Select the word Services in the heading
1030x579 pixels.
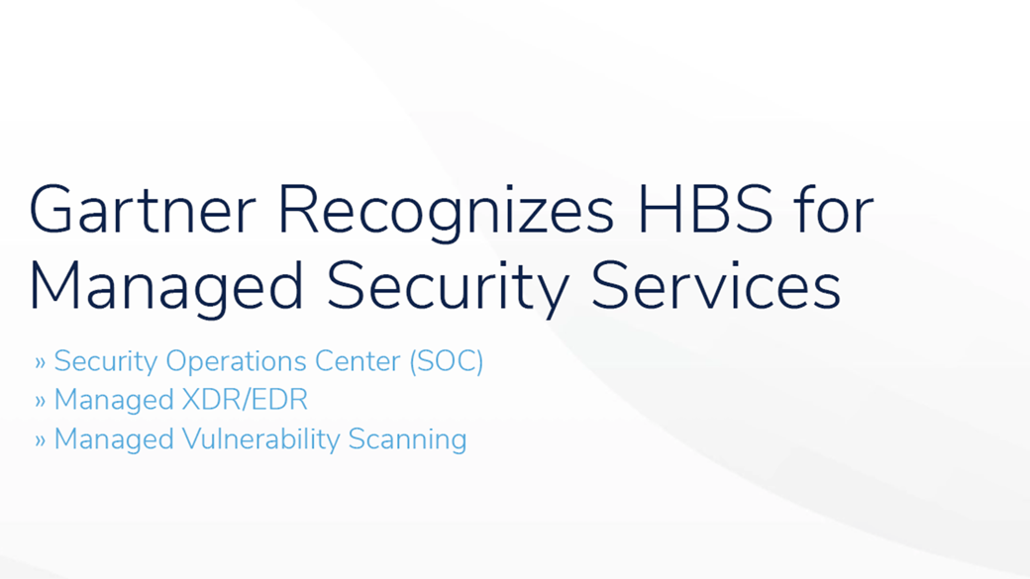tap(716, 287)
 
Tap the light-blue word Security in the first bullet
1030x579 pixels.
tap(106, 361)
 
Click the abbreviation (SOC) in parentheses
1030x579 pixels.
tap(446, 362)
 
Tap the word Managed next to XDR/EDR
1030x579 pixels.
tap(112, 401)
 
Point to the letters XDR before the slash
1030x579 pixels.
tap(205, 400)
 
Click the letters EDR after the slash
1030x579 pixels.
tap(277, 400)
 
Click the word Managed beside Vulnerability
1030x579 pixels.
tap(112, 439)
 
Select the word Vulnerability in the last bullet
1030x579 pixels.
tap(259, 439)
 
